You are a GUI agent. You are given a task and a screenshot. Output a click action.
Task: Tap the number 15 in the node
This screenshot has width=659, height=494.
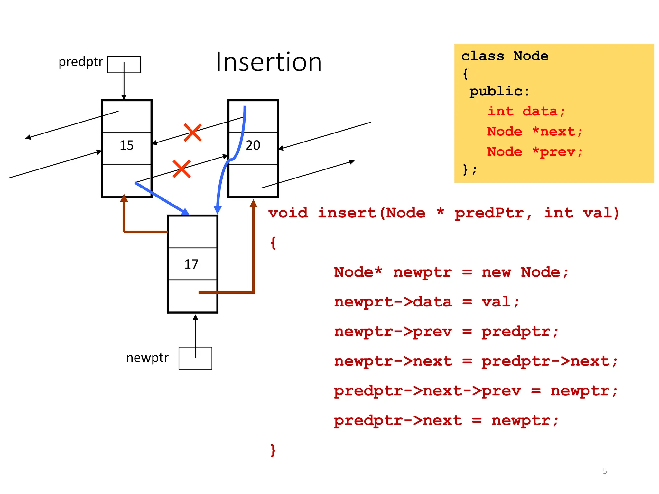126,145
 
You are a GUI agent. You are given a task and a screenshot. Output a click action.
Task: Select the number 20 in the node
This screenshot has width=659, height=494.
253,145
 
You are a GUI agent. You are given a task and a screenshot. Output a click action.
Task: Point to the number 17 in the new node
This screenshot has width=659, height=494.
191,264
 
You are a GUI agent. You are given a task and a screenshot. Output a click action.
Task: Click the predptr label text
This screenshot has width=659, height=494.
81,62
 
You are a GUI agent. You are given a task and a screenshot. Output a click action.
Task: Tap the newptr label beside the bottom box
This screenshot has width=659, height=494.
147,358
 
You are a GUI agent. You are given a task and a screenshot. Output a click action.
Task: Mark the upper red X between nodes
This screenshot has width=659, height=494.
193,133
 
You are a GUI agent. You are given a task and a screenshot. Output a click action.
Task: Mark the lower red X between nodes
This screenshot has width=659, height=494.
181,169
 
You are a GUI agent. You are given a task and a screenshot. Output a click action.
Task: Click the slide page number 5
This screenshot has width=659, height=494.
605,471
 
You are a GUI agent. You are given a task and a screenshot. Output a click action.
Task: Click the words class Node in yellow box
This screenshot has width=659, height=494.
505,56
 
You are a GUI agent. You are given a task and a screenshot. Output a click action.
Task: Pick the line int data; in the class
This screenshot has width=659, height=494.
526,111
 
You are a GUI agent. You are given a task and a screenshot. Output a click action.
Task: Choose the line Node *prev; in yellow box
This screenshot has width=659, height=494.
534,151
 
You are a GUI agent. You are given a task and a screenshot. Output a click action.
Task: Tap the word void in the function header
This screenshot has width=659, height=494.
288,213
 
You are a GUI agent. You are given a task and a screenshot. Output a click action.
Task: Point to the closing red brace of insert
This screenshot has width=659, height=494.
273,450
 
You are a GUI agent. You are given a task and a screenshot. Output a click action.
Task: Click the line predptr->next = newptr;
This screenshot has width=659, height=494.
446,421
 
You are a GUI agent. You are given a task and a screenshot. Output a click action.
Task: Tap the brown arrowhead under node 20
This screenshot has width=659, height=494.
254,203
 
